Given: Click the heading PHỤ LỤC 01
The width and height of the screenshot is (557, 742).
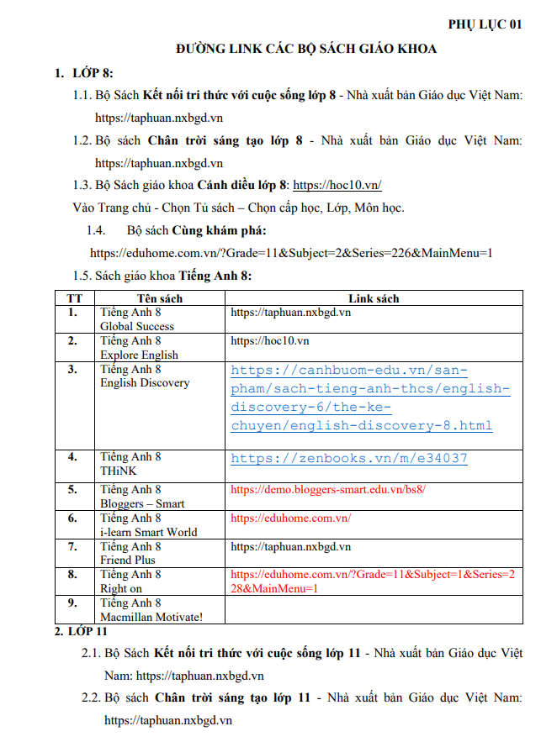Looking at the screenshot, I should coord(485,24).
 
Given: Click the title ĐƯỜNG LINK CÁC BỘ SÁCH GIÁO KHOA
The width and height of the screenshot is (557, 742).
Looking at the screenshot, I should coord(306,49).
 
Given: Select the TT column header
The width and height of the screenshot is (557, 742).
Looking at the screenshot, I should coord(75,298).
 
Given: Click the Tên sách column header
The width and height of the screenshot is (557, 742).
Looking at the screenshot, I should coord(160,298).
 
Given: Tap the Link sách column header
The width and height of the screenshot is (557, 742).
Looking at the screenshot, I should coord(374,298).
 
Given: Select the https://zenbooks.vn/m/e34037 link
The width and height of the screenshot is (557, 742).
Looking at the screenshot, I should coord(349,459).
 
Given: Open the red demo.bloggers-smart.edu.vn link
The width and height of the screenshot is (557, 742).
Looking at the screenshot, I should coord(334,489).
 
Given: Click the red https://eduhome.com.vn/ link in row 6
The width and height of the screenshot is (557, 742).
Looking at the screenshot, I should coord(290,518).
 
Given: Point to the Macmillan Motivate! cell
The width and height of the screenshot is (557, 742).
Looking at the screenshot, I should coord(151,617).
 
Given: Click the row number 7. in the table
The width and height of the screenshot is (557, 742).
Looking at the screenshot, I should coord(73,547).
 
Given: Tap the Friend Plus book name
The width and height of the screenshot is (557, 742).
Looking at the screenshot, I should coord(128,560).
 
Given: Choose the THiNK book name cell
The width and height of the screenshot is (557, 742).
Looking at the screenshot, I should coord(119,471).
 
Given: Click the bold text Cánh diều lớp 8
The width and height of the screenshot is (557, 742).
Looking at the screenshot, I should coord(241,185).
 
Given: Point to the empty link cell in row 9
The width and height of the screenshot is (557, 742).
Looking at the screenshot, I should coord(374,610).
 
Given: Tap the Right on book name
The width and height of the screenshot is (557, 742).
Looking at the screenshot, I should coord(123,588).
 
